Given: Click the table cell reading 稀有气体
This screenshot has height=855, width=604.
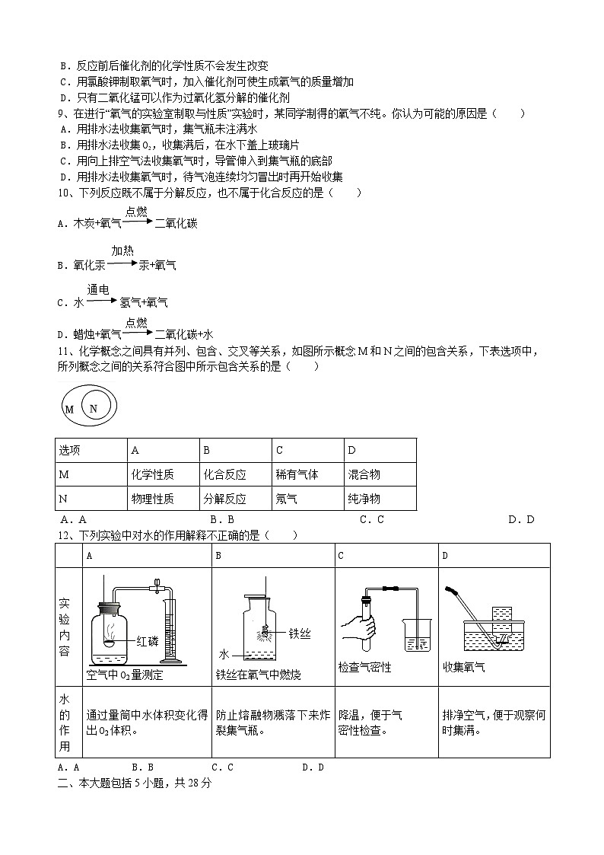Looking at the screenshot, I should pyautogui.click(x=297, y=474).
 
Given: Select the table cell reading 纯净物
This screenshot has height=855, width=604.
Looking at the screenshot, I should pyautogui.click(x=364, y=499).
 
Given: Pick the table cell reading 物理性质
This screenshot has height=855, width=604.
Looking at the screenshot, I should pyautogui.click(x=152, y=499).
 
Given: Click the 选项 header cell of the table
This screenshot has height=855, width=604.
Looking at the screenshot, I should pyautogui.click(x=70, y=450).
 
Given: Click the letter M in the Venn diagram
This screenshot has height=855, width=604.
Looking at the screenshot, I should pyautogui.click(x=69, y=410).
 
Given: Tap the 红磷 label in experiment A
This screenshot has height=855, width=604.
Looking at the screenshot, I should pyautogui.click(x=148, y=640).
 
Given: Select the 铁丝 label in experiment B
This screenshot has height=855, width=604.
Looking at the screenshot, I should pyautogui.click(x=300, y=633).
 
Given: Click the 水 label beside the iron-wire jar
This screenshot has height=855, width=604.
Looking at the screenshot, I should pyautogui.click(x=224, y=654).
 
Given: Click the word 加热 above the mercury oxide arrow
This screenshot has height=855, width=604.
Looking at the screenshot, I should pyautogui.click(x=122, y=250).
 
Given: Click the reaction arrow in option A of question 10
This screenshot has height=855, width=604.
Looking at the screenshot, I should pyautogui.click(x=137, y=223).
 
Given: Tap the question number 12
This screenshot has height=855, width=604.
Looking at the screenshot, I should pyautogui.click(x=63, y=535).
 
